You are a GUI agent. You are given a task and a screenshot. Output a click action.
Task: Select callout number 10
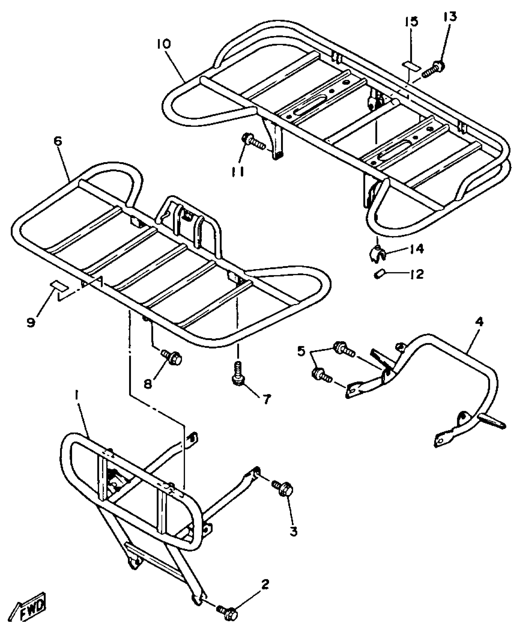[163, 44]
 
